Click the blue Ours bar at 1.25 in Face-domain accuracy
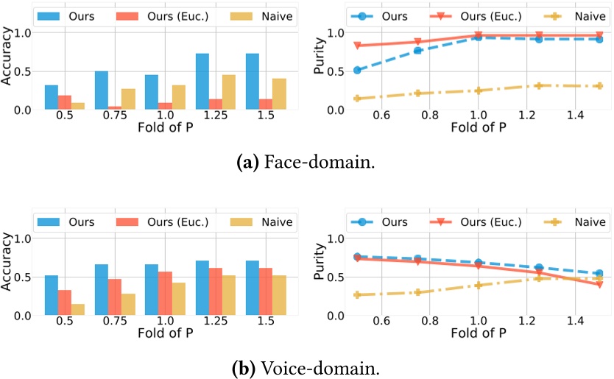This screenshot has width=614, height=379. click(202, 82)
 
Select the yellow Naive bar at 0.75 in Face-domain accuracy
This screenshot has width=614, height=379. click(129, 99)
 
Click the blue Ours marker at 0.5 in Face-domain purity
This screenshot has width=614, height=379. click(358, 71)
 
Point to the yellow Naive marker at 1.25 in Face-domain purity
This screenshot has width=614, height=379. click(539, 86)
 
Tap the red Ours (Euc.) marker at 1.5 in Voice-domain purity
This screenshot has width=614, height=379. click(599, 284)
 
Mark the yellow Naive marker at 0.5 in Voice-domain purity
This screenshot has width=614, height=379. click(358, 295)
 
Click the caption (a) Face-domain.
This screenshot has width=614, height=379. click(307, 162)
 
